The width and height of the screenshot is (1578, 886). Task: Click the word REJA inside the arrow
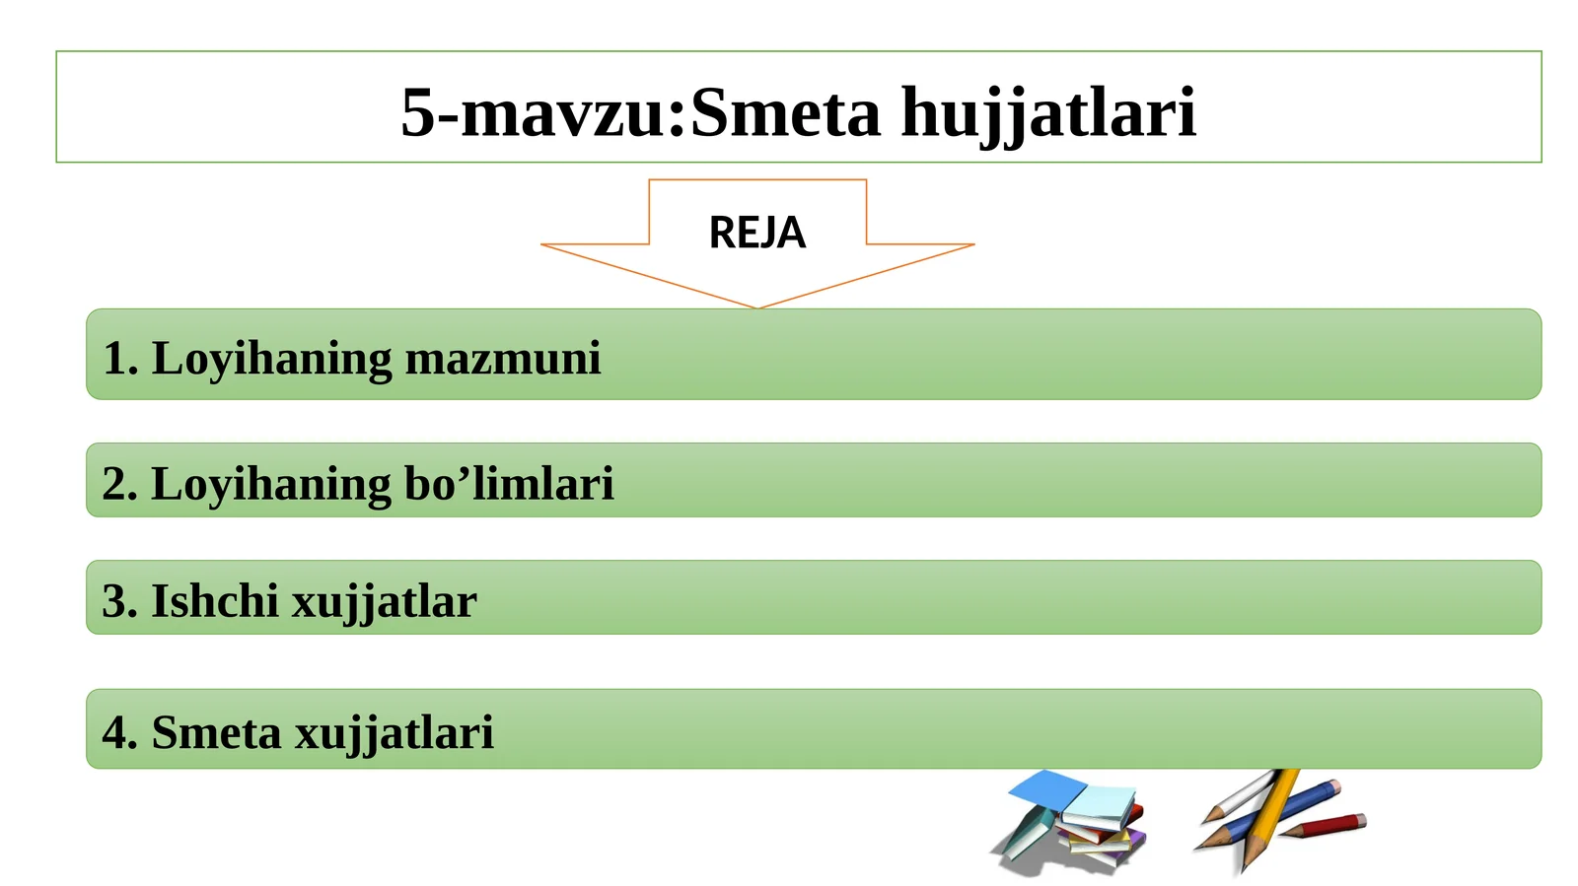point(757,233)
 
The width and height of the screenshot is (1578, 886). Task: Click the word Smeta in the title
point(785,112)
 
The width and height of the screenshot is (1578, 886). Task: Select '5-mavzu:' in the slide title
point(543,112)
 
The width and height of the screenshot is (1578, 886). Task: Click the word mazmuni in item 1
point(503,358)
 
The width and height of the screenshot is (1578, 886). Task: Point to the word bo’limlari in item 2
point(509,484)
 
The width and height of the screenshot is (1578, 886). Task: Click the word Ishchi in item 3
point(215,601)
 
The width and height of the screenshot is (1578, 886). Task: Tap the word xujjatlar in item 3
point(385,604)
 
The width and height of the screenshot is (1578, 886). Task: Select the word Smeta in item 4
point(216,732)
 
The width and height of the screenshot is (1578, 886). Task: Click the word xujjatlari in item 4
point(394,734)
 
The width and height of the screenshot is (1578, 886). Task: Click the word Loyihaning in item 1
point(272,360)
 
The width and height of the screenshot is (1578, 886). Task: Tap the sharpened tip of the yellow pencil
point(1246,872)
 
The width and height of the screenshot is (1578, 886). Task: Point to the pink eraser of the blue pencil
point(1334,787)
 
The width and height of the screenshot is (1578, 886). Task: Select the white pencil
point(1240,796)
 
